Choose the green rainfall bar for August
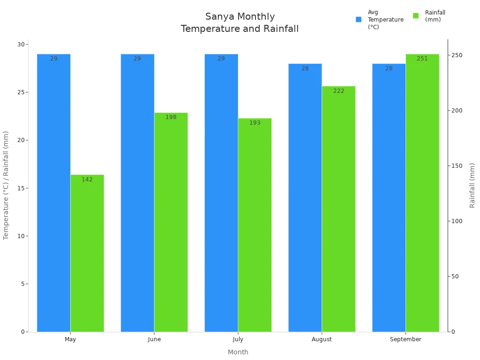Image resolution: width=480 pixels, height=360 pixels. point(338,211)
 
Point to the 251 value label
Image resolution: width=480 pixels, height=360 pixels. point(422,59)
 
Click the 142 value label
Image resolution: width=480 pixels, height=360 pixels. point(87,180)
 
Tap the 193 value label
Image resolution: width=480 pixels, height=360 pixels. point(255,123)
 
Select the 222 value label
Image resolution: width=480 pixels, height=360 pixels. point(338,91)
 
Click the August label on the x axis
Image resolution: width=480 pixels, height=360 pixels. point(322,339)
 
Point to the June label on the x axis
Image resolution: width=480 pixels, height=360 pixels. point(154,339)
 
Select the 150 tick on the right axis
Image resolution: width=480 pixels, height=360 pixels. point(456,166)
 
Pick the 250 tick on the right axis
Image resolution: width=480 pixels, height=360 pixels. point(456,55)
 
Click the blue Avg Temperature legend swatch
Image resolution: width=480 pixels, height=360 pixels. point(359,20)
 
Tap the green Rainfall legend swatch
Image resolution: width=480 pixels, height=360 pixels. point(415,16)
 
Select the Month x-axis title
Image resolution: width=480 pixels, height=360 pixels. point(238,352)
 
